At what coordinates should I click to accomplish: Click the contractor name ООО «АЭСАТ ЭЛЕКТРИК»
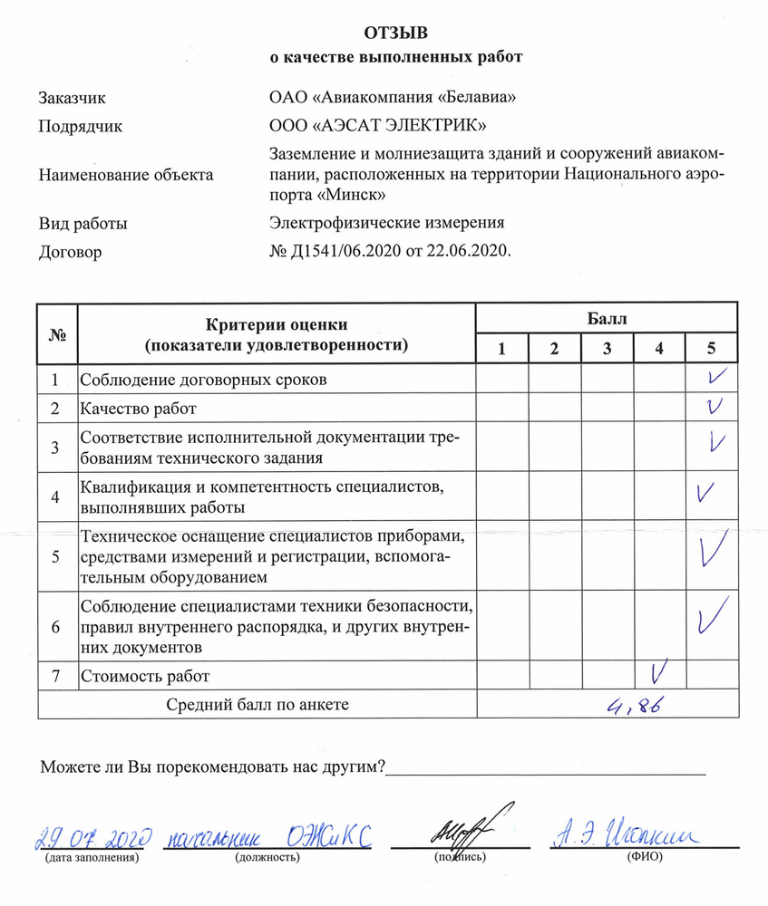(380, 126)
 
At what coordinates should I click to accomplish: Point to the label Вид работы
(83, 222)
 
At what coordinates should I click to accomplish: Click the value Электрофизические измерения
(386, 222)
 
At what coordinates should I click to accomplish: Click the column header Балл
(607, 318)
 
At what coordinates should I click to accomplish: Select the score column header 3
(607, 349)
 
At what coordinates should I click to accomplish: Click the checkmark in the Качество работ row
(714, 408)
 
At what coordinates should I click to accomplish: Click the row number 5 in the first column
(56, 556)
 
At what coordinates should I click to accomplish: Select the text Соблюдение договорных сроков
(204, 379)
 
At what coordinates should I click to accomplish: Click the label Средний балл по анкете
(258, 704)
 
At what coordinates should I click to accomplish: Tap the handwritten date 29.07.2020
(92, 837)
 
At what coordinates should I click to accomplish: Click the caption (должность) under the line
(267, 856)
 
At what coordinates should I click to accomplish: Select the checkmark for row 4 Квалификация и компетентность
(703, 494)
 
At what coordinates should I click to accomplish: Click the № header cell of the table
(57, 333)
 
